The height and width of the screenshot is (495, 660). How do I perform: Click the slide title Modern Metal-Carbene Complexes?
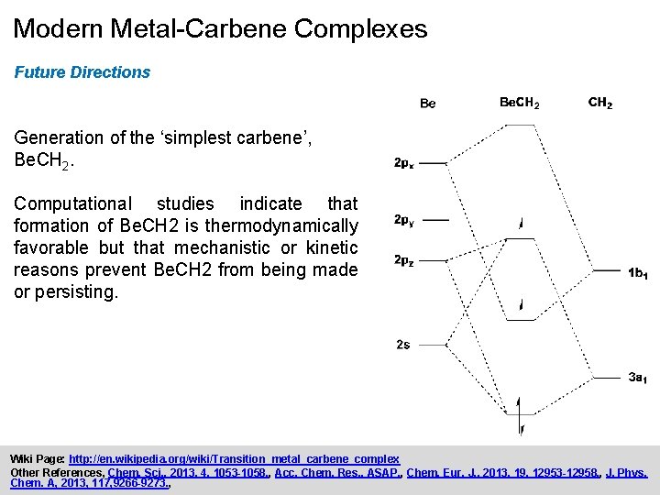(220, 28)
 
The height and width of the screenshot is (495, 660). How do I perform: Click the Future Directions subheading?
(82, 71)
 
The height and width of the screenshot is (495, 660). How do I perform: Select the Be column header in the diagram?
(427, 104)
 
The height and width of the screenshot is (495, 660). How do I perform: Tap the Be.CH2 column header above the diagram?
(519, 103)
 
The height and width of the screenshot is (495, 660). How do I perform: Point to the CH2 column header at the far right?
(600, 103)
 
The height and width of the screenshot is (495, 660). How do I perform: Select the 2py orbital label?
(404, 220)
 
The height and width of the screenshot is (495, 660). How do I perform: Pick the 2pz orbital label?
(404, 261)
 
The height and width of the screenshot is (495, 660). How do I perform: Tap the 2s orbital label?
(403, 345)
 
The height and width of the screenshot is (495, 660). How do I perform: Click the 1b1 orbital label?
(639, 273)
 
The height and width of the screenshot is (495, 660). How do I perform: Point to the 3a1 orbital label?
(639, 378)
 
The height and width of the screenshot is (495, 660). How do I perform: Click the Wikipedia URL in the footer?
(234, 458)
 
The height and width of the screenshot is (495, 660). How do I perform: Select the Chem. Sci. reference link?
(178, 472)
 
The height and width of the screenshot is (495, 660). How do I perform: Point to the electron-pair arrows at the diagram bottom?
(520, 415)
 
